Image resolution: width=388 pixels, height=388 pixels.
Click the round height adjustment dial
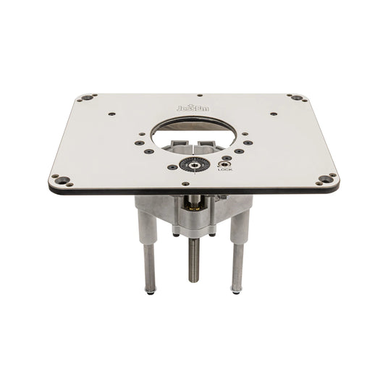point(193,164)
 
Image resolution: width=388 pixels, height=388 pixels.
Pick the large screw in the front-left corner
point(60,179)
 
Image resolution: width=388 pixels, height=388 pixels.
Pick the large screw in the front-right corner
point(326,178)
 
